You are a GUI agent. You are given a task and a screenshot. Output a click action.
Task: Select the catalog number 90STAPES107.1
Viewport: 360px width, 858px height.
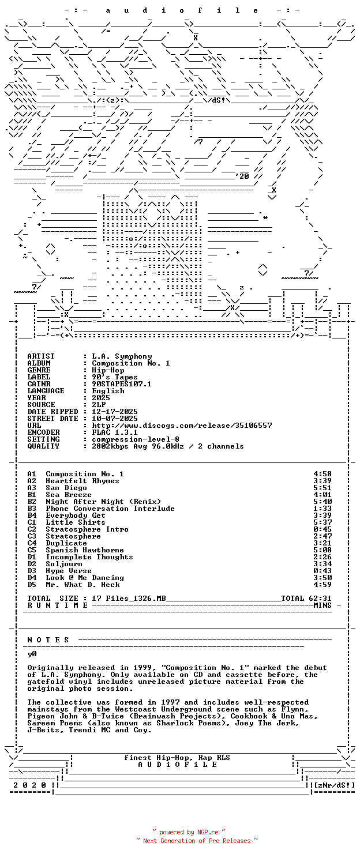122,384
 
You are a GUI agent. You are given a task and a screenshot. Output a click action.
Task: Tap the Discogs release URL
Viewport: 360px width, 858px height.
182,426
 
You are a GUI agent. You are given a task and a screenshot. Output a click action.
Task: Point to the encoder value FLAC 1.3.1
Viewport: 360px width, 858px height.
115,432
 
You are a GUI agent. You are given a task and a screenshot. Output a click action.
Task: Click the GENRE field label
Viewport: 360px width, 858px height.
39,370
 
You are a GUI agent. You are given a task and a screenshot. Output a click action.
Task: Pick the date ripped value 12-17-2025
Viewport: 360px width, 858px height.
115,412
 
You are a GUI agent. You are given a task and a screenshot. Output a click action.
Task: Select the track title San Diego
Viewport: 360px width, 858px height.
66,488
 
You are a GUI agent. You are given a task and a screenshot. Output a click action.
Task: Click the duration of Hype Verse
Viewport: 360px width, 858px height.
322,571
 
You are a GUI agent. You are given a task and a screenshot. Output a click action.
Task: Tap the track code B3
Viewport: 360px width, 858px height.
32,502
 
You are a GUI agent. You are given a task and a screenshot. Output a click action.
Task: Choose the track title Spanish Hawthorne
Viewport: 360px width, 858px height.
85,550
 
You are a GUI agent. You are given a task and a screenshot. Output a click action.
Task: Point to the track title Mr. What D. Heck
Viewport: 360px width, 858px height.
82,585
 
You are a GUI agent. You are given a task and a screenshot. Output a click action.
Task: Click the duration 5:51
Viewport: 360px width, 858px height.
322,488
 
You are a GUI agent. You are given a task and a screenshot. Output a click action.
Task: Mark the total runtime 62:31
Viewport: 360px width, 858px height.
320,599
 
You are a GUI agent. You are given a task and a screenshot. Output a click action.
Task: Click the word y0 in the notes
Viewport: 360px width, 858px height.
32,654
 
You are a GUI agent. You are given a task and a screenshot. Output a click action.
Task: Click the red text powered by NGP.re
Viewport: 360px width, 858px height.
189,832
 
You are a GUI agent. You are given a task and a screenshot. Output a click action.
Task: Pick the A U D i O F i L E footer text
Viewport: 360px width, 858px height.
177,765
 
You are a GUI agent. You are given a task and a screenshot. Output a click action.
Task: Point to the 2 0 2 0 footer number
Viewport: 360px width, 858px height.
29,785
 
